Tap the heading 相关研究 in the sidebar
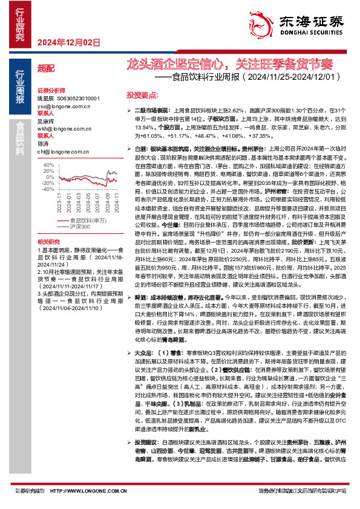[x=49, y=257]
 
